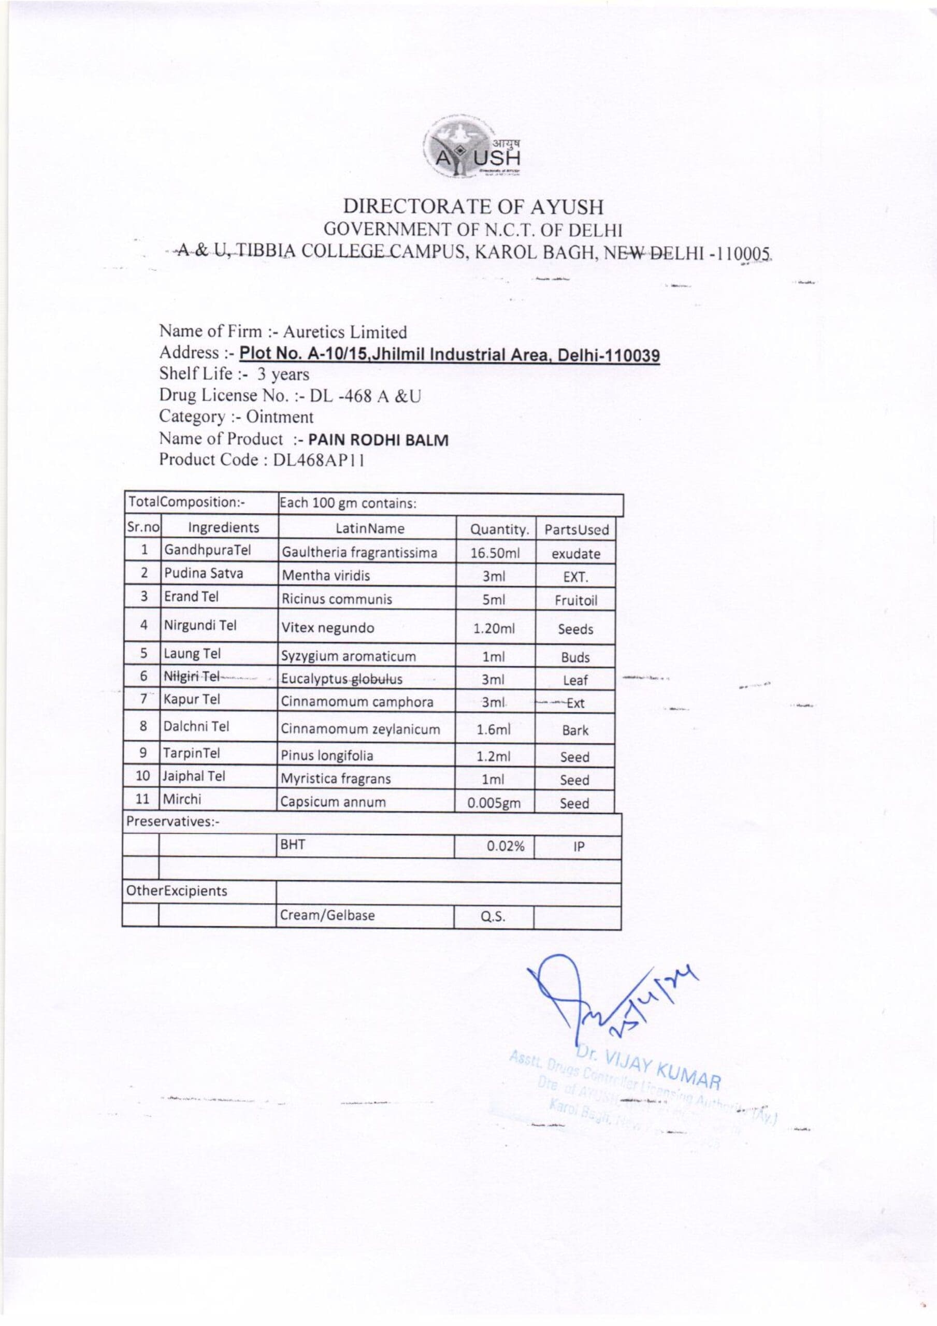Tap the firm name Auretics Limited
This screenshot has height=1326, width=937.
[x=344, y=332]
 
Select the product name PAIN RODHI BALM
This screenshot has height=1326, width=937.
[x=379, y=440]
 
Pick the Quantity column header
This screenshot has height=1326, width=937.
[x=499, y=529]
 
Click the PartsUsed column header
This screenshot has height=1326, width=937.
[x=576, y=529]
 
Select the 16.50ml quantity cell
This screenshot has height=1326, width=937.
[x=495, y=553]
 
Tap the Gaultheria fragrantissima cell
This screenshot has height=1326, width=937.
[x=359, y=553]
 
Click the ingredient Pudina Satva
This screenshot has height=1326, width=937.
[x=204, y=573]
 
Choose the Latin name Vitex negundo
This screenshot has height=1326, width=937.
[x=327, y=628]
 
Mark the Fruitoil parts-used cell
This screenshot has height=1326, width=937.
[x=575, y=600]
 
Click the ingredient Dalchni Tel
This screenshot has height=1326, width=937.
[x=196, y=727]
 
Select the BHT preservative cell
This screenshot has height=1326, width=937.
[x=292, y=845]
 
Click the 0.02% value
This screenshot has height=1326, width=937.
[x=506, y=847]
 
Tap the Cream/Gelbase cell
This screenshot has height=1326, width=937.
[x=327, y=915]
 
